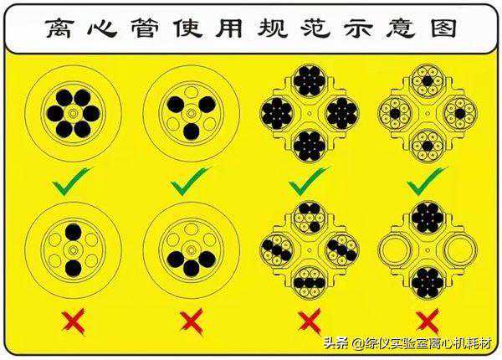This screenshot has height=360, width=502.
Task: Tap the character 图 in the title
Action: point(443,28)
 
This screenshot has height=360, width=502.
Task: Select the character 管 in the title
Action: point(145,28)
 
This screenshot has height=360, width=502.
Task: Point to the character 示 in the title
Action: point(358,28)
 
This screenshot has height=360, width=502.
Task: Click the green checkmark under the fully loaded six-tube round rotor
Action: point(72,182)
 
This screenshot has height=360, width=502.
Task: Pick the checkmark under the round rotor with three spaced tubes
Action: point(190,182)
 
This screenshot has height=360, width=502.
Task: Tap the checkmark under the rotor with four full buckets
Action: point(309,182)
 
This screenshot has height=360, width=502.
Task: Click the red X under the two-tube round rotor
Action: point(74,321)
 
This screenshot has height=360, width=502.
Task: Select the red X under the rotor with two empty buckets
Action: point(428,321)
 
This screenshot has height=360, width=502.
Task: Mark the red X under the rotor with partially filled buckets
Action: point(310,321)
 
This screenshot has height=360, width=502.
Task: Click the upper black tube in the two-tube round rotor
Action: point(74,232)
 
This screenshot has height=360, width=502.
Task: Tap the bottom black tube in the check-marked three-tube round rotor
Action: point(192,131)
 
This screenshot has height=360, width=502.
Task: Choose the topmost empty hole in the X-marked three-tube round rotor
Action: point(192,229)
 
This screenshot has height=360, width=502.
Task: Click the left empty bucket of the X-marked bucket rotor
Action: point(395,249)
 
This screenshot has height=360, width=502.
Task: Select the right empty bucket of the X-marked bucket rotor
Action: point(460,249)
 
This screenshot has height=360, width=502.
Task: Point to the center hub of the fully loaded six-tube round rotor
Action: point(74,113)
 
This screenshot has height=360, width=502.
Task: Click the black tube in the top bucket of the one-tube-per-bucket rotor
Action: point(428,80)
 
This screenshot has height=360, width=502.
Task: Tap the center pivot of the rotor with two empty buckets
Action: point(428,250)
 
